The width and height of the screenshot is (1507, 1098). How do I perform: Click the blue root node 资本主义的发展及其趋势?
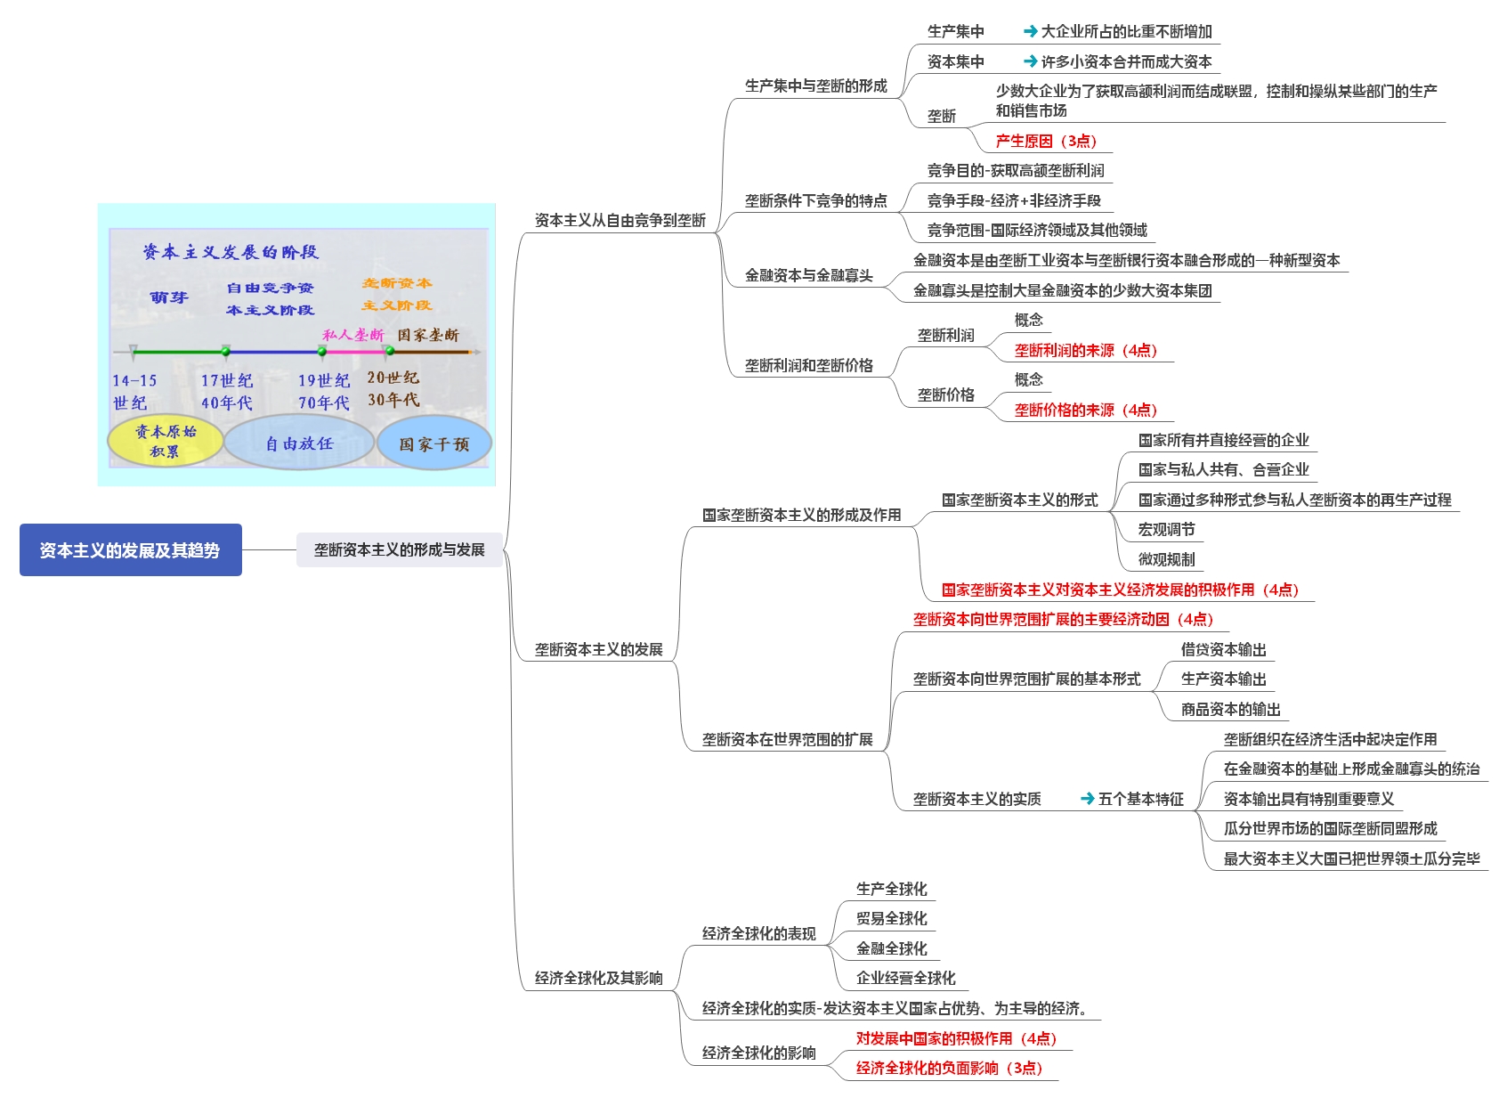tap(130, 550)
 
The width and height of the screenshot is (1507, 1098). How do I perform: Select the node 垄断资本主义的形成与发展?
tap(399, 550)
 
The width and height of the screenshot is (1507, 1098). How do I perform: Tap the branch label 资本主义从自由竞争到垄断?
tap(620, 220)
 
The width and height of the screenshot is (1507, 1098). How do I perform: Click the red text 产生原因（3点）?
tap(1046, 141)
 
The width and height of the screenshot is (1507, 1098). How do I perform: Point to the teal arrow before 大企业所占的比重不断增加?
tap(1030, 31)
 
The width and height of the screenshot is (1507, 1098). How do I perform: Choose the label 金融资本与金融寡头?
tap(808, 275)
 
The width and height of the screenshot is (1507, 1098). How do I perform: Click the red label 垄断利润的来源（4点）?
tap(1085, 350)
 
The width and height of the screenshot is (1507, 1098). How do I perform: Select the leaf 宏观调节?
tap(1166, 530)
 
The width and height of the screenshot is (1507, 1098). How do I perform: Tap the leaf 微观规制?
tap(1166, 559)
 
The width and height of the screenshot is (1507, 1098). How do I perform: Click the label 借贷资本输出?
tap(1223, 650)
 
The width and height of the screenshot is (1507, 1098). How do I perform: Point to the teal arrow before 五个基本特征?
tap(1087, 799)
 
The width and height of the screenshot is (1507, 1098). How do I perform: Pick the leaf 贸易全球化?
tap(891, 918)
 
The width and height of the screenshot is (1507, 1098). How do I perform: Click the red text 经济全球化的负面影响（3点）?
tap(949, 1068)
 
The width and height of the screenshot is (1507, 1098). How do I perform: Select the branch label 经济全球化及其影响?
tap(598, 978)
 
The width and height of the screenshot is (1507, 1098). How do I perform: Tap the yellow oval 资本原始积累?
tap(166, 442)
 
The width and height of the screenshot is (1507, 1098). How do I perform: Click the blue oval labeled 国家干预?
tap(433, 444)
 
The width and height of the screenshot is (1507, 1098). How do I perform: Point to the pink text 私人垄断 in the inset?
tap(352, 335)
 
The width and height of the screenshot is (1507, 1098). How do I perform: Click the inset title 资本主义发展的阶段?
tap(231, 252)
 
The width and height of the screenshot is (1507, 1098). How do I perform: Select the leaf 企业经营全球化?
tap(905, 978)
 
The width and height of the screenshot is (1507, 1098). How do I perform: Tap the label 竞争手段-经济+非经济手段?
tap(1014, 200)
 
